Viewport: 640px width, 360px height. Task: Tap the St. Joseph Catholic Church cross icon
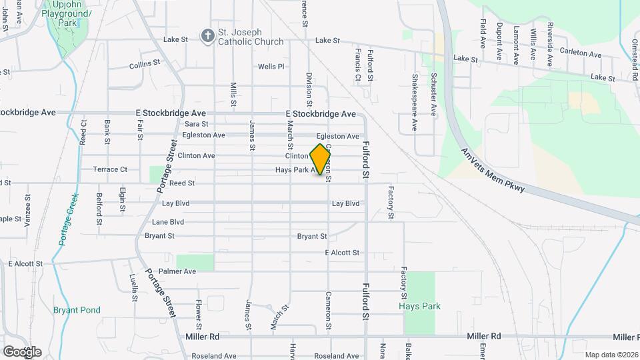click(208, 36)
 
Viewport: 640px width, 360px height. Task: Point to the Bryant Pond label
click(77, 310)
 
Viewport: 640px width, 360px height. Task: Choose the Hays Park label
click(419, 306)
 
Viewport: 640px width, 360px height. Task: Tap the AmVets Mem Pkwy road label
click(493, 171)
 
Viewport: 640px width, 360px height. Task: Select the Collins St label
click(145, 65)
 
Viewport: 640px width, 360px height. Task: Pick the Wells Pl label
click(271, 67)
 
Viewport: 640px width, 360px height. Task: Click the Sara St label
click(197, 124)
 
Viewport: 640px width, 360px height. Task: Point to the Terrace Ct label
click(110, 169)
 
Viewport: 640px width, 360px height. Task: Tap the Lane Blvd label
click(167, 222)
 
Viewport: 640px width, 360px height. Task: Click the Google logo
click(22, 351)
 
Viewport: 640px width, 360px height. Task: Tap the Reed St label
click(181, 183)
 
